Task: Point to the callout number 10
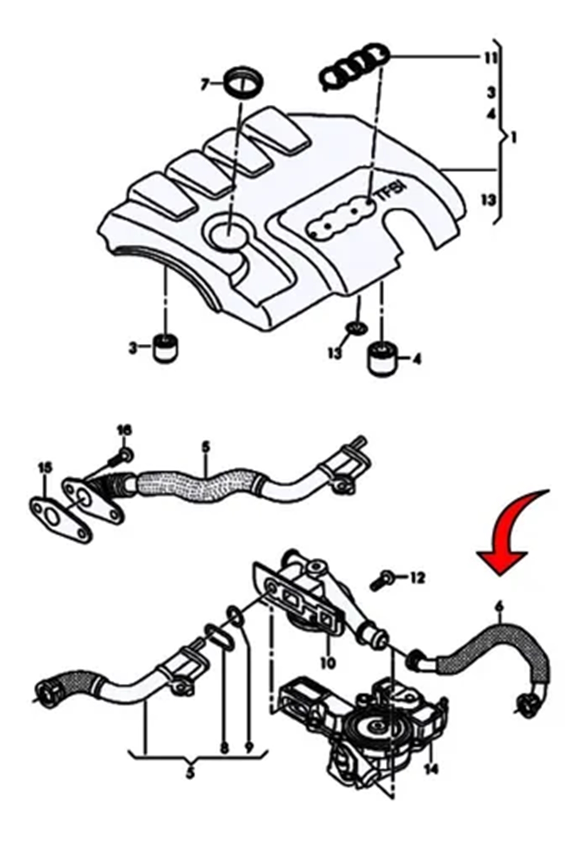click(328, 663)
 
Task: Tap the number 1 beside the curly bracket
click(513, 139)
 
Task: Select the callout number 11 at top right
click(490, 58)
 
